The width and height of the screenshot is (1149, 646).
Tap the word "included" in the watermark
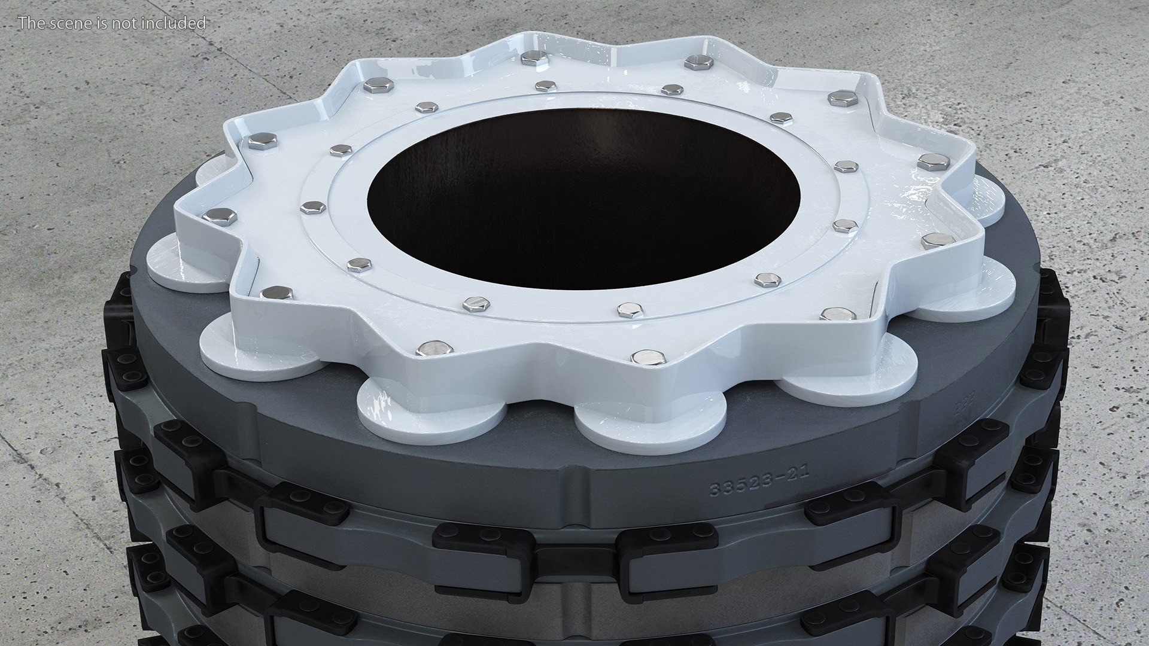[175, 23]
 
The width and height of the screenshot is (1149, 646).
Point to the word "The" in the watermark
[29, 23]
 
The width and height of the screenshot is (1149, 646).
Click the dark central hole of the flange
[583, 197]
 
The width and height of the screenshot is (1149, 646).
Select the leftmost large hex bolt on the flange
[219, 216]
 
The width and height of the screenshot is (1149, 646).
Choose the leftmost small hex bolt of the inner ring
[312, 208]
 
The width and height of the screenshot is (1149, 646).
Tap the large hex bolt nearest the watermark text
[378, 86]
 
